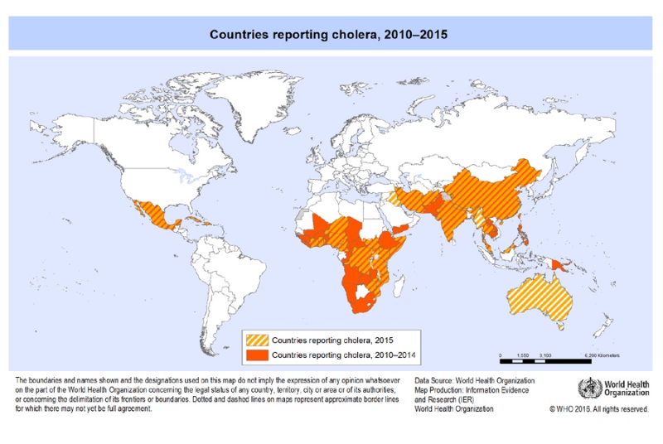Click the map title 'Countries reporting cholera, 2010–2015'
pyautogui.click(x=331, y=35)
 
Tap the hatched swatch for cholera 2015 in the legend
pyautogui.click(x=259, y=339)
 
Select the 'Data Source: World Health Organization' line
pyautogui.click(x=474, y=380)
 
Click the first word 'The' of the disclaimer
pyautogui.click(x=22, y=380)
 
